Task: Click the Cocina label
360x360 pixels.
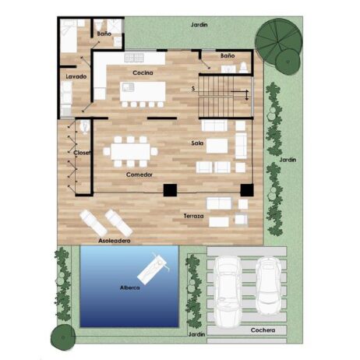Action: [x=143, y=73]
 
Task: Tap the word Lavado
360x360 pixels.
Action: [x=76, y=76]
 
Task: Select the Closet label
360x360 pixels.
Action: [x=82, y=153]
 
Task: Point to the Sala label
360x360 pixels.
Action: [x=197, y=143]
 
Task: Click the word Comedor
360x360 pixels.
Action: [x=139, y=175]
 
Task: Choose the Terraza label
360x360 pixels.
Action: [x=193, y=216]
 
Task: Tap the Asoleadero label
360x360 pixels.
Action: [x=115, y=241]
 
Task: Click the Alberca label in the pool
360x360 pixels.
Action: [x=130, y=288]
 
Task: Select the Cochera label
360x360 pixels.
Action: [x=263, y=330]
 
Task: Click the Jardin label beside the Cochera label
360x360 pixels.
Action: [x=196, y=334]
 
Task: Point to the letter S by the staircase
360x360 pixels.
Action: [x=193, y=89]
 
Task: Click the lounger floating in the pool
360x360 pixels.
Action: [x=153, y=269]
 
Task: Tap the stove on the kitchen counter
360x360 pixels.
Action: [x=134, y=58]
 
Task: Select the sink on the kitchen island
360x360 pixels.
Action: [x=128, y=86]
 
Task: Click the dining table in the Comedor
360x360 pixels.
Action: [x=130, y=152]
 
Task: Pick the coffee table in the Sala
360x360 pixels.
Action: [x=217, y=146]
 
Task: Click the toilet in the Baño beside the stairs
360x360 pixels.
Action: [x=244, y=68]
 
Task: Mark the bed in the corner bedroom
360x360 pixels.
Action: [x=69, y=36]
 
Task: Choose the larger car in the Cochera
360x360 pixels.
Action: [x=228, y=291]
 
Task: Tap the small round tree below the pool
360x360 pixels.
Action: [x=63, y=337]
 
